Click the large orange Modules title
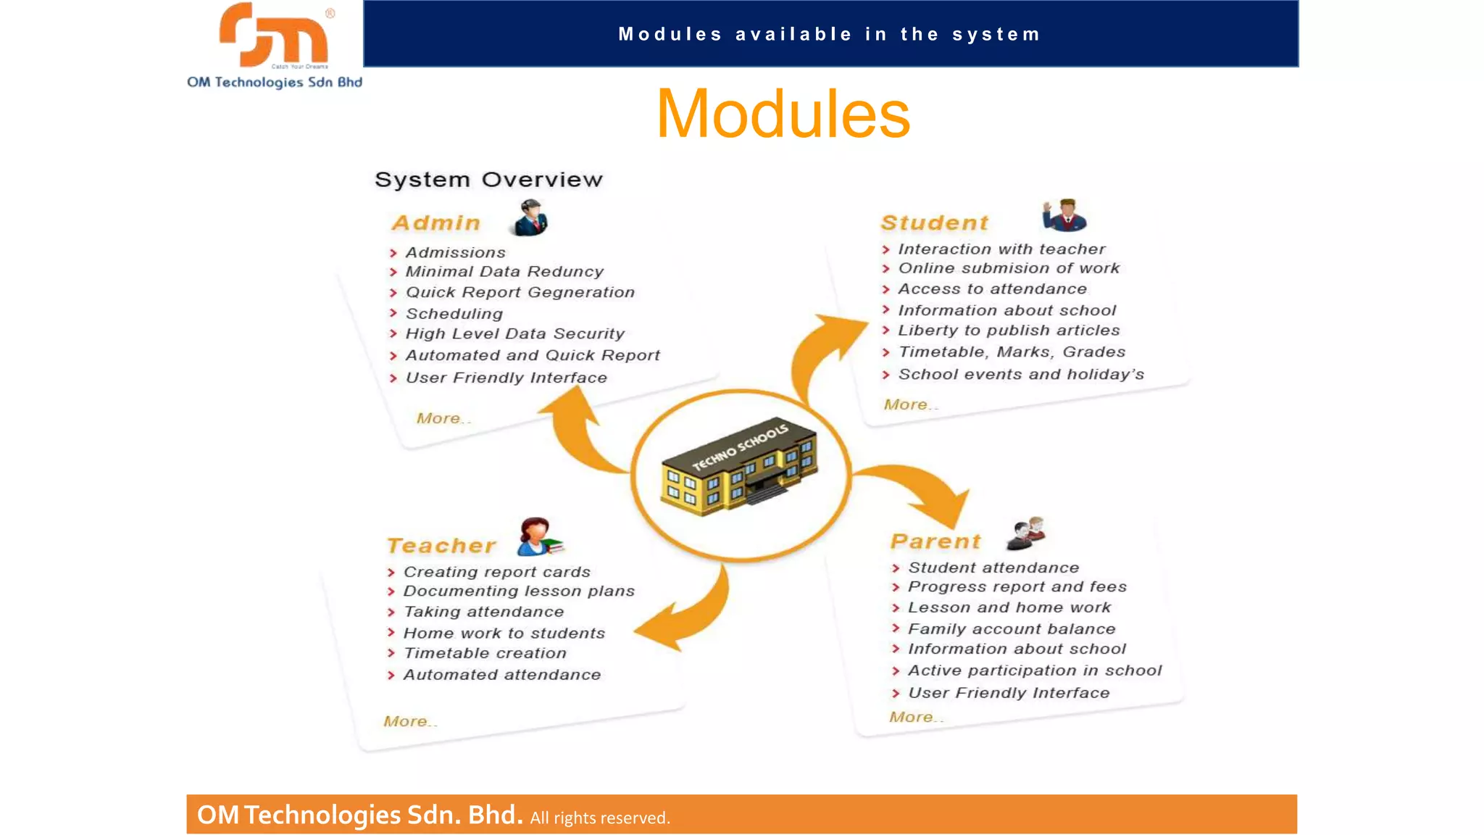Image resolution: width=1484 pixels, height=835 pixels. pyautogui.click(x=783, y=114)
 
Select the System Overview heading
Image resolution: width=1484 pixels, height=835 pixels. pyautogui.click(x=488, y=179)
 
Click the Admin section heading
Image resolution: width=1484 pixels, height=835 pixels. pyautogui.click(x=436, y=223)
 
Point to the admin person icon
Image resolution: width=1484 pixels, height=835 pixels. pyautogui.click(x=530, y=218)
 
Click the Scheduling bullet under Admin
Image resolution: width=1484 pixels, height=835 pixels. pyautogui.click(x=454, y=314)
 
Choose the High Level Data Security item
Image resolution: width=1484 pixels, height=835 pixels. pyautogui.click(x=514, y=334)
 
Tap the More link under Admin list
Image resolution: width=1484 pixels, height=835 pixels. pyautogui.click(x=443, y=418)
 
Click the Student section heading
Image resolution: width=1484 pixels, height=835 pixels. pyautogui.click(x=935, y=223)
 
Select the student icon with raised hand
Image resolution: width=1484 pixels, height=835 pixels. pyautogui.click(x=1064, y=215)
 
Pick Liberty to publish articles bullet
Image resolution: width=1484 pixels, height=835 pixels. pyautogui.click(x=1009, y=331)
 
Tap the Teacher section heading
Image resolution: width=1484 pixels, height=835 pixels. pyautogui.click(x=441, y=545)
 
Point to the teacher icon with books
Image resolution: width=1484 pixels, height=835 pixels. pyautogui.click(x=539, y=537)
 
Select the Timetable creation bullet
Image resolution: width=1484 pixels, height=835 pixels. pyautogui.click(x=485, y=653)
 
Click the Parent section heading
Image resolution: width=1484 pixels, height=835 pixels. pyautogui.click(x=935, y=541)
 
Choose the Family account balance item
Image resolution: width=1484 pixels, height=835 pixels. pyautogui.click(x=1012, y=629)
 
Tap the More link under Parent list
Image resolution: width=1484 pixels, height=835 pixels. pyautogui.click(x=916, y=717)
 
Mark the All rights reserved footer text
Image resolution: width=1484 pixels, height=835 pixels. pyautogui.click(x=600, y=818)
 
